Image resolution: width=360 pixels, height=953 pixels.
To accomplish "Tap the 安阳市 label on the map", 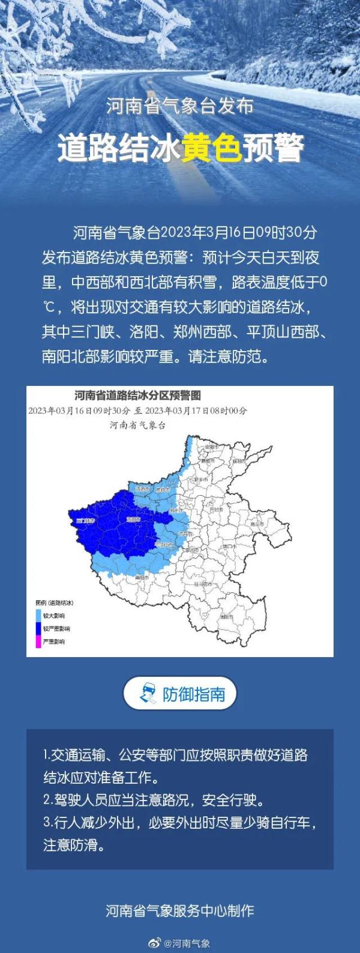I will [x=209, y=448].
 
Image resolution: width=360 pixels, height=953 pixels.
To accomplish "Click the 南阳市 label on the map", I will [x=142, y=577].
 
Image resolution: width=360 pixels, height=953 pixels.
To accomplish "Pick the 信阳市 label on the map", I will [x=226, y=616].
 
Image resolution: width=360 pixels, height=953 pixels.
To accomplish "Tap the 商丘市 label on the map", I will [x=258, y=524].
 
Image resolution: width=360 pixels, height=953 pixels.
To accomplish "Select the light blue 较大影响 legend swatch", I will [x=38, y=616].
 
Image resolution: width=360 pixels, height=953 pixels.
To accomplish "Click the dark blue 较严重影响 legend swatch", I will [x=38, y=628].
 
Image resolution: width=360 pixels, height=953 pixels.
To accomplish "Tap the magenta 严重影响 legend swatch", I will [x=38, y=642].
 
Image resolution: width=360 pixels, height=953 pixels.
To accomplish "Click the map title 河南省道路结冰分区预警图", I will [x=137, y=395].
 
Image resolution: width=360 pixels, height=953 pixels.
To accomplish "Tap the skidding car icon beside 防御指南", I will [x=148, y=694].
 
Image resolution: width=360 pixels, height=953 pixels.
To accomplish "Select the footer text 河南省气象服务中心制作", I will [x=180, y=911].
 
